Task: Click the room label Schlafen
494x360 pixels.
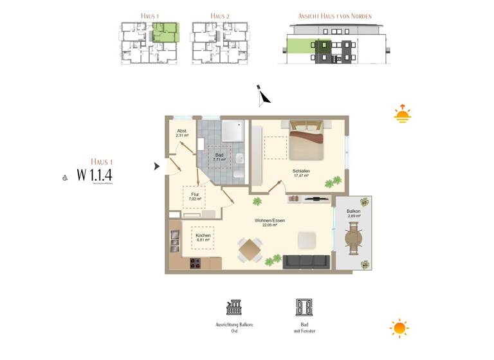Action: pyautogui.click(x=301, y=170)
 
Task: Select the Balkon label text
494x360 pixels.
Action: pyautogui.click(x=353, y=211)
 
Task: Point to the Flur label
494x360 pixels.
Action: pyautogui.click(x=194, y=194)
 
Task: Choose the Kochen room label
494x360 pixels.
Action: pyautogui.click(x=203, y=235)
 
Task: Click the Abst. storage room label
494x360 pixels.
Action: pyautogui.click(x=182, y=131)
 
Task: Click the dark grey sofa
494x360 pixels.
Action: pyautogui.click(x=306, y=261)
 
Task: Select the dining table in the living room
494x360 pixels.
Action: pyautogui.click(x=250, y=249)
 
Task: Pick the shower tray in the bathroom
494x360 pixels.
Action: pyautogui.click(x=232, y=131)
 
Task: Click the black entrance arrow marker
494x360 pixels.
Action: pyautogui.click(x=156, y=166)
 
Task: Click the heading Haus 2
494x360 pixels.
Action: pyautogui.click(x=219, y=16)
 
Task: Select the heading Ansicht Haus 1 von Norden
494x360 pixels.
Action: pyautogui.click(x=334, y=16)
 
